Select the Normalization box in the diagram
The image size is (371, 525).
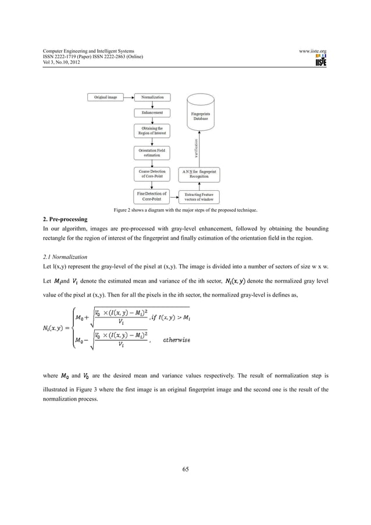[x=152, y=97]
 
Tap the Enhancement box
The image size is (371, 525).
[x=152, y=112]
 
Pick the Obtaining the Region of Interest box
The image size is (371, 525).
[x=152, y=131]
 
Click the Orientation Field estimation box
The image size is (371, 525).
[x=152, y=152]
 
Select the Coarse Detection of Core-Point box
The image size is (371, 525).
[x=152, y=174]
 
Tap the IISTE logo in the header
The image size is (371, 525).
[x=318, y=59]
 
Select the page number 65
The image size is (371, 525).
[x=185, y=470]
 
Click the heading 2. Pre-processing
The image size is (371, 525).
[x=62, y=220]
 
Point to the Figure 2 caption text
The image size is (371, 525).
[x=185, y=210]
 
